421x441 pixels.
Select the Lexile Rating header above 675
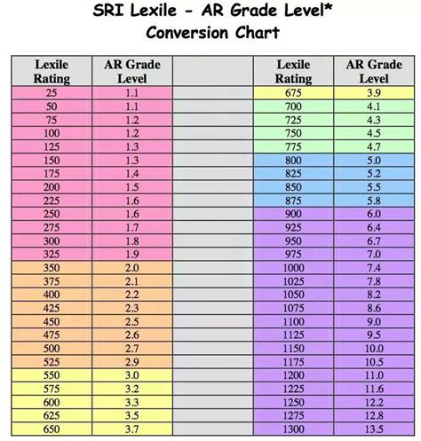292,71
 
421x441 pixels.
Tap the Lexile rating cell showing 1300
292,428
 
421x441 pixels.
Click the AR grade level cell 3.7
131,428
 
